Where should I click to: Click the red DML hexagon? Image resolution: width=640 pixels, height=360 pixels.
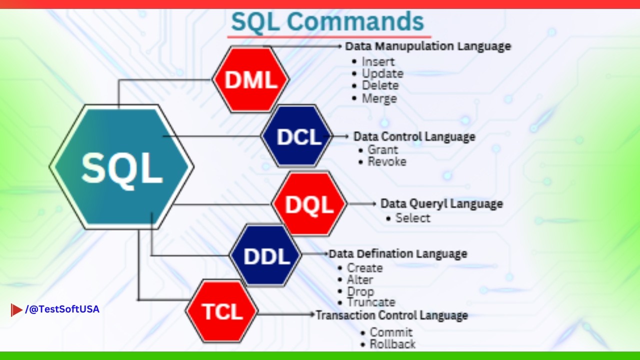[250, 80]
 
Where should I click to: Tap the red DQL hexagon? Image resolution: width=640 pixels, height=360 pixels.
[309, 204]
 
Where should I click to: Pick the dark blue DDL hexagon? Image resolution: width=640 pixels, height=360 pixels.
[266, 256]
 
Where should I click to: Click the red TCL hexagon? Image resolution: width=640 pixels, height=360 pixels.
[222, 312]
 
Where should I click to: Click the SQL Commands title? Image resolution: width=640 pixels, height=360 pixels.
[327, 22]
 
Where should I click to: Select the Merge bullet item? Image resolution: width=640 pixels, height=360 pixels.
[379, 98]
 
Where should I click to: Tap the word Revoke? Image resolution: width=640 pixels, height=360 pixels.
[387, 161]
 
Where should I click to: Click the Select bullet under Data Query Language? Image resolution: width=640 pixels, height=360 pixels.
[412, 218]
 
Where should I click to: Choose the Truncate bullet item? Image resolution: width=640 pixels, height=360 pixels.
[371, 302]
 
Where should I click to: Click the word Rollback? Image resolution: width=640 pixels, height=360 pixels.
[392, 344]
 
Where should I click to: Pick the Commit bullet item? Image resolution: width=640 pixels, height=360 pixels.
[391, 332]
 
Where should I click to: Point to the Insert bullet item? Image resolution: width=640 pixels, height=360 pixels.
[378, 61]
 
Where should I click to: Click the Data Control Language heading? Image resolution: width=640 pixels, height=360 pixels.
[414, 136]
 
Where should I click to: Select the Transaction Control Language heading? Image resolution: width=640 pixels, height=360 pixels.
[391, 315]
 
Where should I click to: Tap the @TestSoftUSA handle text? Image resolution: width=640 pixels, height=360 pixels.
[62, 309]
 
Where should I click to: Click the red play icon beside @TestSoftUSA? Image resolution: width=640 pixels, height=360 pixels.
[16, 310]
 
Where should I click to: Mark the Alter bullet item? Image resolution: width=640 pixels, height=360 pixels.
[360, 279]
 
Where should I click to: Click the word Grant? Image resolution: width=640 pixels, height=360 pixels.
[383, 149]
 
